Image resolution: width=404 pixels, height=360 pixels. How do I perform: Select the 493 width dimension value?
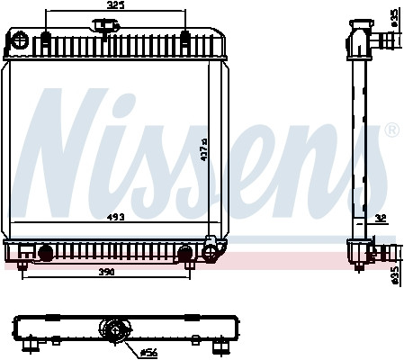click(x=116, y=216)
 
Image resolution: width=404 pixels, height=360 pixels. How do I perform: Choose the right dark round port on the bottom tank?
click(x=185, y=253)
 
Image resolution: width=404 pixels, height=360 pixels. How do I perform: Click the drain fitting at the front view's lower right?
click(x=213, y=247)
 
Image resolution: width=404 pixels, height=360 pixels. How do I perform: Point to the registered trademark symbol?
click(x=391, y=131)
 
